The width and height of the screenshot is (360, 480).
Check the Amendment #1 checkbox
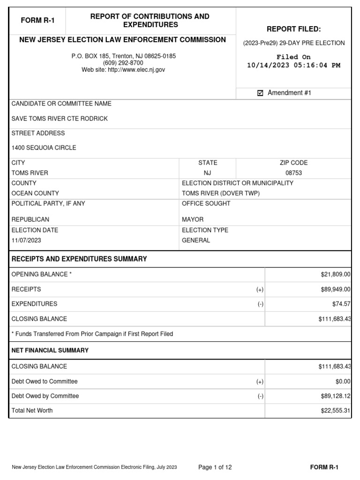click(260, 93)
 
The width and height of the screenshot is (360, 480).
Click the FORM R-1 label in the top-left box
click(37, 20)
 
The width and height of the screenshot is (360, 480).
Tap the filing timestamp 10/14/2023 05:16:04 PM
click(293, 65)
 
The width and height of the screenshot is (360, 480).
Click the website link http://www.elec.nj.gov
click(137, 70)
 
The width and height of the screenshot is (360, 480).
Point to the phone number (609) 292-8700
click(123, 63)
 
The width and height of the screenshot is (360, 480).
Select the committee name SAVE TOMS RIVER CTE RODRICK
click(60, 119)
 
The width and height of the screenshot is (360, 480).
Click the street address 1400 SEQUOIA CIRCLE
click(44, 148)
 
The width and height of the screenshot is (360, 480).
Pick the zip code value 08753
click(293, 173)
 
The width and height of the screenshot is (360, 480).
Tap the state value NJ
click(208, 173)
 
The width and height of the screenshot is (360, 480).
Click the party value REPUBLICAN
click(30, 219)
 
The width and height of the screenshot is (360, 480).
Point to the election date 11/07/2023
click(27, 240)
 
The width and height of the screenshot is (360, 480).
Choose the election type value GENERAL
click(196, 240)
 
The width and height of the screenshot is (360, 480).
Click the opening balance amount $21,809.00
click(334, 275)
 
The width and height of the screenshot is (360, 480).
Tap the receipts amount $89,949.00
click(334, 290)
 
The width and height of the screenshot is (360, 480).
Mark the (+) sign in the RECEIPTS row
click(260, 290)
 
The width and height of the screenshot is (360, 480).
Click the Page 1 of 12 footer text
click(215, 467)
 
